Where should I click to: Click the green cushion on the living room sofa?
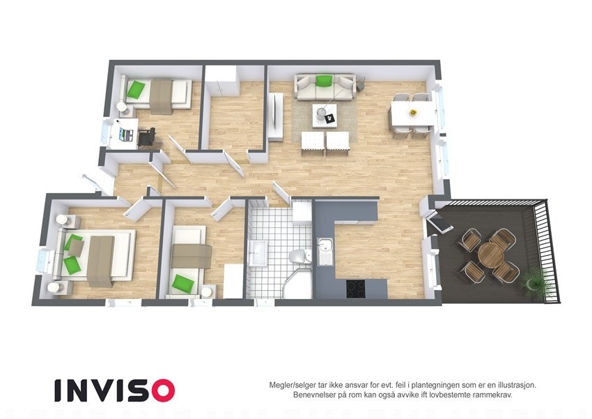click(323, 80)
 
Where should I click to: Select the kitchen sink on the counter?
click(325, 249)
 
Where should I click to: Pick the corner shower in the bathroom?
click(299, 285)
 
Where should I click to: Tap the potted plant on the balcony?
click(534, 279)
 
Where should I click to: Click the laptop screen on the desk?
click(125, 130)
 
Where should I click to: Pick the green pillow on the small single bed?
click(182, 283)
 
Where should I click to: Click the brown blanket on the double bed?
click(101, 259)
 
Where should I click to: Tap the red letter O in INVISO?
click(161, 390)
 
